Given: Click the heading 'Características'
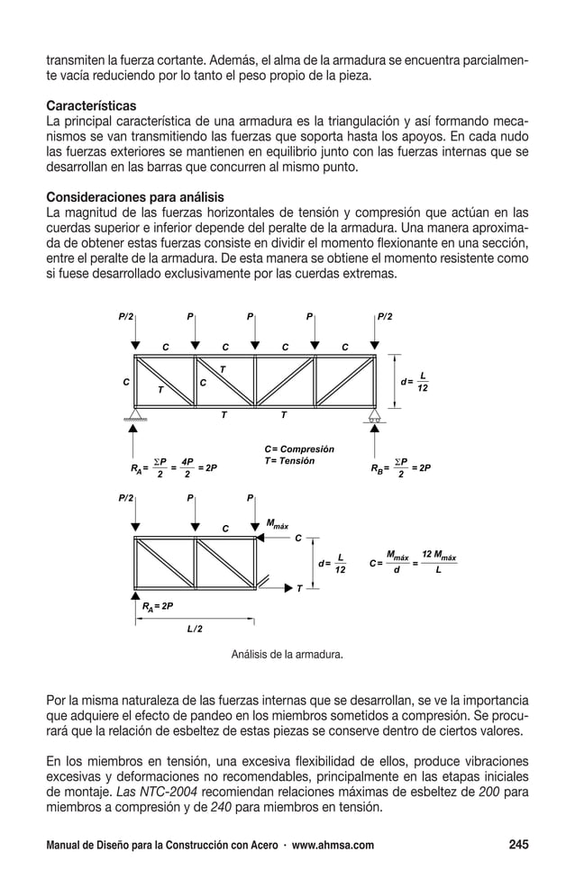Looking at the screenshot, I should (91, 105).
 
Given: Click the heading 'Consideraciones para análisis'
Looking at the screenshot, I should (135, 197).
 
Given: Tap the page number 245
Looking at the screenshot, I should (517, 845).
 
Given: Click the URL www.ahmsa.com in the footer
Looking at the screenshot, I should (331, 846).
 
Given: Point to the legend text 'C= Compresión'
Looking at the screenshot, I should (298, 449).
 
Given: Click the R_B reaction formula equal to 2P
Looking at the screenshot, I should (400, 468).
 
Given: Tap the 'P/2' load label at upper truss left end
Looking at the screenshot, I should (126, 316).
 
